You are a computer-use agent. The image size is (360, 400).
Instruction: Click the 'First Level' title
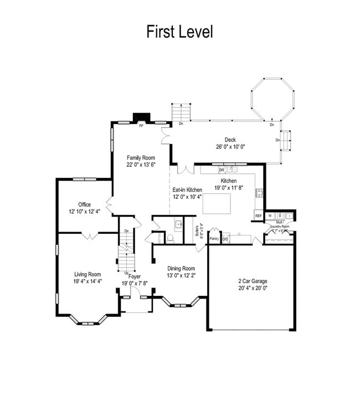pos(179,32)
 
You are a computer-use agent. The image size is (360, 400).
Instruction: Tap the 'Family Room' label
pos(141,157)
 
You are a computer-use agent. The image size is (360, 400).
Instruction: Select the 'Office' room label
pos(84,204)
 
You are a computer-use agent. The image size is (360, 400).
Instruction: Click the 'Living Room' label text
pos(88,274)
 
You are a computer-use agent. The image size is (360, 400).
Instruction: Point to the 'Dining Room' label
pos(181,268)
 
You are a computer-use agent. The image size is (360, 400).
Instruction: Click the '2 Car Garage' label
pos(252,281)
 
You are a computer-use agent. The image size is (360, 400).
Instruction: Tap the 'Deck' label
pos(230,140)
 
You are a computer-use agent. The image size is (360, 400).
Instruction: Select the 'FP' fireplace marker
pos(141,126)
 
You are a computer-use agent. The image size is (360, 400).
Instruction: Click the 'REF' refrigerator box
pos(258,216)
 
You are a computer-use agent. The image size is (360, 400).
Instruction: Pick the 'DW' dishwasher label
pos(221,170)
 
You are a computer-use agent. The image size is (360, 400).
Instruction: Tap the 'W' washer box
pos(270,216)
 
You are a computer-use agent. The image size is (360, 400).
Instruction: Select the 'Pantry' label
pos(214,239)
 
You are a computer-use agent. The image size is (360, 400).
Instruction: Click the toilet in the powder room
pos(171,239)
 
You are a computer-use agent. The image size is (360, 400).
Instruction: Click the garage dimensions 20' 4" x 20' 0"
pos(252,288)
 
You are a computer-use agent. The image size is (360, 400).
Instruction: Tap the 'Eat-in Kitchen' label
pos(187,190)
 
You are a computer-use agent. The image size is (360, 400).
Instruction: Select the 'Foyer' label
pos(135,276)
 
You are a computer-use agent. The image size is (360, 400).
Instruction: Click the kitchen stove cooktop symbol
pos(259,193)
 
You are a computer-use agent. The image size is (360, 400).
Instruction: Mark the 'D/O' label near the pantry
pos(225,239)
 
